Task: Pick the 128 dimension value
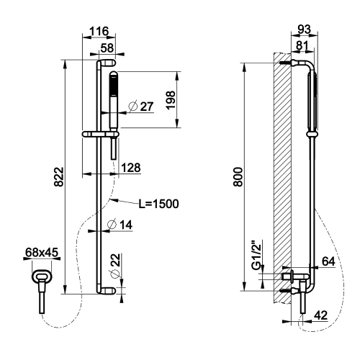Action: (130, 167)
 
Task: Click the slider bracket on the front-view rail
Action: (102, 134)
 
